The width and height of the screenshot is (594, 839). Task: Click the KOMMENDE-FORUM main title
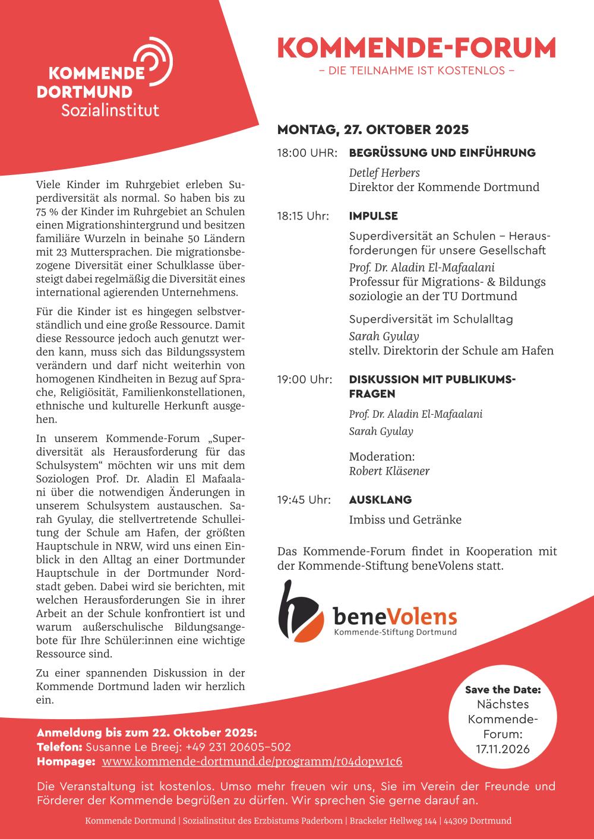[416, 48]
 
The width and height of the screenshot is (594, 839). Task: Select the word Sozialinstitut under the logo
[110, 110]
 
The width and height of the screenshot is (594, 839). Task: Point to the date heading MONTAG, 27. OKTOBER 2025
[372, 129]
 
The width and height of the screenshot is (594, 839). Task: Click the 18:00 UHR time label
[307, 153]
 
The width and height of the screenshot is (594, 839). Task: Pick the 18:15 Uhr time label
[303, 216]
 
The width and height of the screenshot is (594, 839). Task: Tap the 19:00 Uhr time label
[305, 379]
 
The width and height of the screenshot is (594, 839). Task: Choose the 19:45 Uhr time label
[304, 500]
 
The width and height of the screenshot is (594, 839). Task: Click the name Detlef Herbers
[384, 173]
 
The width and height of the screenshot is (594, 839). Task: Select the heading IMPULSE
[373, 216]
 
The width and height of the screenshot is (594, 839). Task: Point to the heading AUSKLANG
[380, 500]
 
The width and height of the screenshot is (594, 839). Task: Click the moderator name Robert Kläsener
[389, 471]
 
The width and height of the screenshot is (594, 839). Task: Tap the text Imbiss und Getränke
[405, 520]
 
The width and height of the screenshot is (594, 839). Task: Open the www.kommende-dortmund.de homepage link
[252, 761]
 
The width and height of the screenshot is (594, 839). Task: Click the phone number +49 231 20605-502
[238, 747]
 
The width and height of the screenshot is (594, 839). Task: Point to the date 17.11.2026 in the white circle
[503, 749]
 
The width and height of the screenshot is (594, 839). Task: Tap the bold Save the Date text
[503, 689]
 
